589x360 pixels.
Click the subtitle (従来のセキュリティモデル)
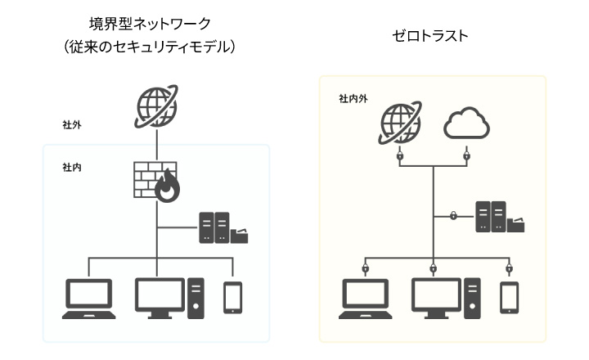pos(155,47)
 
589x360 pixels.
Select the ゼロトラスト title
pos(432,36)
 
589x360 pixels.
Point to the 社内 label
pos(71,167)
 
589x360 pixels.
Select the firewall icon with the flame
pos(155,181)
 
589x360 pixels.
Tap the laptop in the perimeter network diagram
pos(89,298)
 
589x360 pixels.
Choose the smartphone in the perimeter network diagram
pos(233,298)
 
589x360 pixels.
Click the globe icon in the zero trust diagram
pos(401,124)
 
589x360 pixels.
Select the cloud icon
pos(466,125)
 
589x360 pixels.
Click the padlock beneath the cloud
pos(466,154)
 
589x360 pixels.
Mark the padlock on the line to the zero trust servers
pos(452,216)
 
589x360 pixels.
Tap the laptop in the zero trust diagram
pos(366,299)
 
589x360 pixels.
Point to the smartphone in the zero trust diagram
pos(510,298)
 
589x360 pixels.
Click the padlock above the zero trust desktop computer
pos(434,268)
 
